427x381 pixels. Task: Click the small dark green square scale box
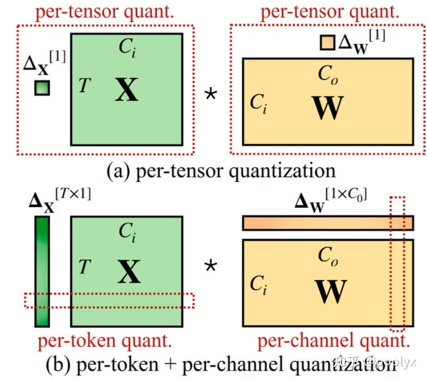pyautogui.click(x=42, y=88)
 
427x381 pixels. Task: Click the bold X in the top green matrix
pyautogui.click(x=127, y=90)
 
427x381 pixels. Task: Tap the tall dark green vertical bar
pyautogui.click(x=42, y=271)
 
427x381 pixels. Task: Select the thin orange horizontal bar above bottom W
pyautogui.click(x=328, y=223)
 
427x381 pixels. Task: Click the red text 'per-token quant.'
pyautogui.click(x=105, y=341)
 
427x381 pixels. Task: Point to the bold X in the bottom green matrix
pyautogui.click(x=129, y=272)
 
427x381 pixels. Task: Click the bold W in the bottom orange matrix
pyautogui.click(x=330, y=292)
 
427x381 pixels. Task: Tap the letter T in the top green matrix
pyautogui.click(x=84, y=85)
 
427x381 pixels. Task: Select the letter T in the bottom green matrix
pyautogui.click(x=84, y=268)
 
